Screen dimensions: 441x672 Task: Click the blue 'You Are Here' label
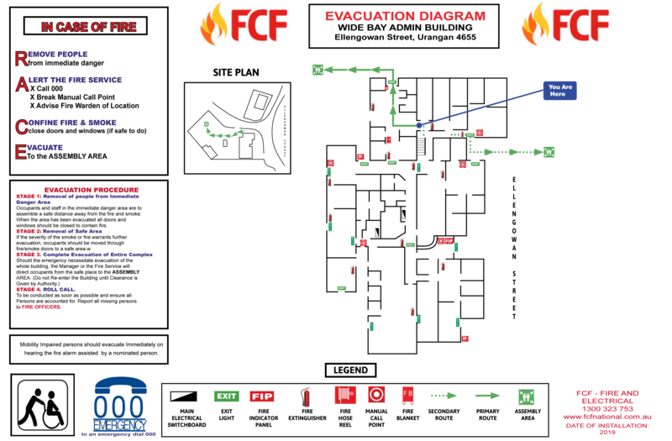coord(559,91)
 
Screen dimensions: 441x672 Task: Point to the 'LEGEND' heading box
coord(350,370)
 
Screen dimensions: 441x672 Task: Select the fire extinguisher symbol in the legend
coord(306,396)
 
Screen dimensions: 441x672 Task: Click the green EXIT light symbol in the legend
coord(227,396)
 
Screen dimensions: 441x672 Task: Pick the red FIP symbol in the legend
coord(262,396)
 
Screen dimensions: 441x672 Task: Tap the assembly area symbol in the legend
coord(527,396)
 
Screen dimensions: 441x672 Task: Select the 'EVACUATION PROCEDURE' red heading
coord(91,190)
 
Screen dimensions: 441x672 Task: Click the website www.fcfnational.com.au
coord(607,417)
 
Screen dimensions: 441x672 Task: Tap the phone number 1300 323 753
coord(607,409)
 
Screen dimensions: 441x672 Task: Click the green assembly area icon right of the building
coord(549,152)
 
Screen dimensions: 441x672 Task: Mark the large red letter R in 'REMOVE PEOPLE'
coord(21,58)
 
